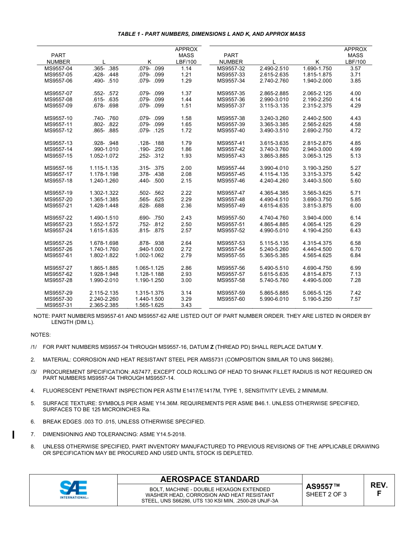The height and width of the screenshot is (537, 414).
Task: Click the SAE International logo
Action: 74,490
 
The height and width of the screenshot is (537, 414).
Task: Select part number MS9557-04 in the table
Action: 58,69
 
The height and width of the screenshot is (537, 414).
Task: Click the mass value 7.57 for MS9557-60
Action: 355,299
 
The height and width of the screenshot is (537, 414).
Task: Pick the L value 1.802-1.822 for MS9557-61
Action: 104,255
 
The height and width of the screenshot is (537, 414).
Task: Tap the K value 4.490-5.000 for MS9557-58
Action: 317,280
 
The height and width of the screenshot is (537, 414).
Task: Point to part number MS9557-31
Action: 58,305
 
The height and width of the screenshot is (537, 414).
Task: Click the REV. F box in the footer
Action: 379,490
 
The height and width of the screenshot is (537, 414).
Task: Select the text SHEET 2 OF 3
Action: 326,494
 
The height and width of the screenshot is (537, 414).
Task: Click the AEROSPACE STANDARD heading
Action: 210,479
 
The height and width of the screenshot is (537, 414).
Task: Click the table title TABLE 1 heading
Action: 211,34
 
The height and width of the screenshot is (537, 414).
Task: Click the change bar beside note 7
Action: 14,434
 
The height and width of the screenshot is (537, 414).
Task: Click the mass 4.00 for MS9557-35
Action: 355,93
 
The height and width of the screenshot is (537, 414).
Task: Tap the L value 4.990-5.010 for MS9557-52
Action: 274,231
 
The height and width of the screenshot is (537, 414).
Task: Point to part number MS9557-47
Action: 231,193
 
